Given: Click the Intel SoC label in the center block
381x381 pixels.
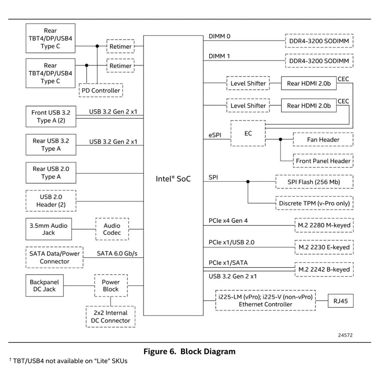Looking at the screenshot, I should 173,179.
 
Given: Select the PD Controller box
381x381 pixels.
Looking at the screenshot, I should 101,90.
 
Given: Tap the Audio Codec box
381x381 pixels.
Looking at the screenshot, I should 112,229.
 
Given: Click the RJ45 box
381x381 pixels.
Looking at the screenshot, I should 340,301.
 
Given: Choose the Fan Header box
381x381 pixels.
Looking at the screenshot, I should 323,140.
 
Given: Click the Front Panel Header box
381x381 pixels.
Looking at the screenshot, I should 323,161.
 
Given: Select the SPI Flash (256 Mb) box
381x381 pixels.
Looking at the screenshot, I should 314,182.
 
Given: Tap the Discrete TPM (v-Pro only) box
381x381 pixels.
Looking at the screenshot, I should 314,204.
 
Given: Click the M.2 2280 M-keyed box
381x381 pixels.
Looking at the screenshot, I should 323,225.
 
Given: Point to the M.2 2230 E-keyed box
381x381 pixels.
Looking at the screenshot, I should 323,247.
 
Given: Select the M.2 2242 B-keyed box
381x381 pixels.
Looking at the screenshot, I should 323,269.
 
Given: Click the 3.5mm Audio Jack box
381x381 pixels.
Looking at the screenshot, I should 49,229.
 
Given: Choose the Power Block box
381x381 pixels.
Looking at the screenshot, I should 110,286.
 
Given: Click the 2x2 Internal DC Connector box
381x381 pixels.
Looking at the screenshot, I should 110,317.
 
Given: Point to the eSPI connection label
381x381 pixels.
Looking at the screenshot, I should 215,135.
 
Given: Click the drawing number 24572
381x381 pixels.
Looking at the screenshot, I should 345,335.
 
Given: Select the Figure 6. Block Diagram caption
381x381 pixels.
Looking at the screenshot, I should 189,351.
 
